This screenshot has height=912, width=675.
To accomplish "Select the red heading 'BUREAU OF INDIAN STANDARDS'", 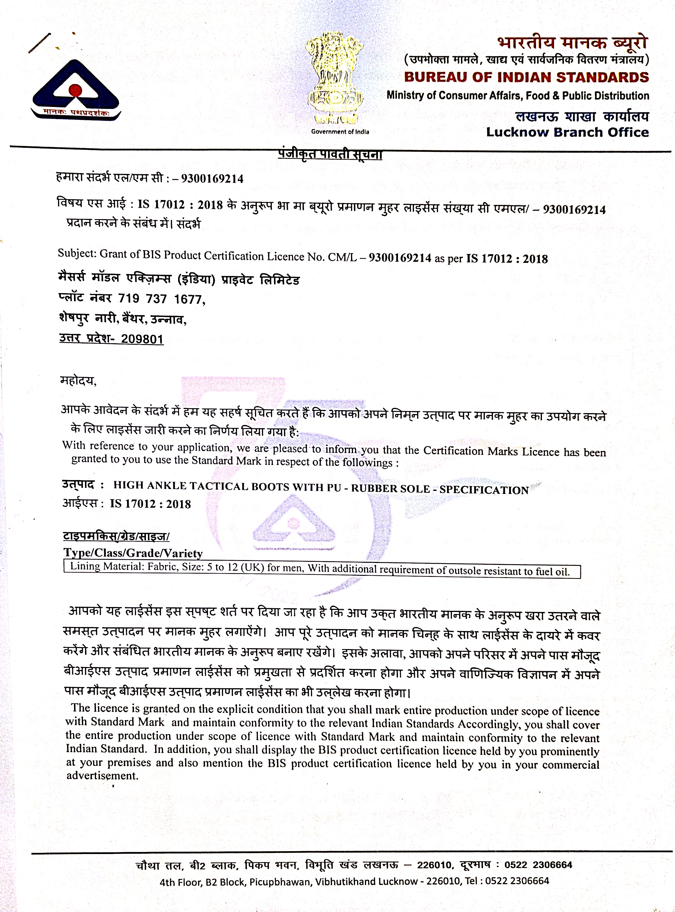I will tap(526, 77).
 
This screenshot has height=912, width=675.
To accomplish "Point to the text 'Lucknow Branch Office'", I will tap(567, 132).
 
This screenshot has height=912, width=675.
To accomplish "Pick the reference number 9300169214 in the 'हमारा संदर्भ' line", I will tap(212, 179).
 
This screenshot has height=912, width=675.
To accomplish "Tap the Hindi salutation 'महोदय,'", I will tap(78, 381).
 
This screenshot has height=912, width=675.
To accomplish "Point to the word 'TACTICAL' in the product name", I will tap(219, 486).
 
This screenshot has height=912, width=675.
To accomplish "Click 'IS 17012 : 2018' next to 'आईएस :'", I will tap(150, 504).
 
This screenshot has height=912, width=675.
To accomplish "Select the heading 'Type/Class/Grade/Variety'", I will tap(133, 553).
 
